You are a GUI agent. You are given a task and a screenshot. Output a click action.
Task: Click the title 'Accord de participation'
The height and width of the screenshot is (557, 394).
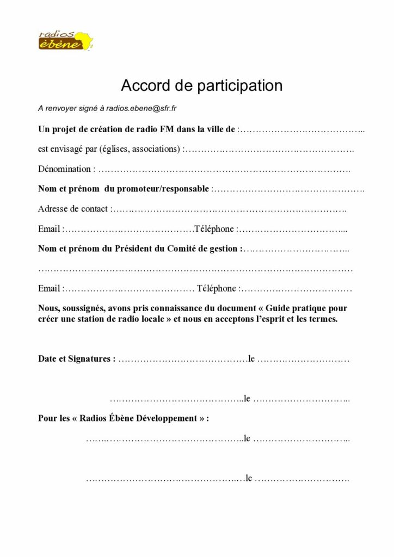coord(201,86)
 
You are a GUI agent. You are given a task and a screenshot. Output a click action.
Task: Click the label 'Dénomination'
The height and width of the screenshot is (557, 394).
coord(65,169)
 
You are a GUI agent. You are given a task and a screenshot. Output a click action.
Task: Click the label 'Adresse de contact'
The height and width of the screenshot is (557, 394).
coord(73,209)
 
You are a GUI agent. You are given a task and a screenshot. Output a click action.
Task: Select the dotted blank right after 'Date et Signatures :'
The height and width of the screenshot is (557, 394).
coord(183,360)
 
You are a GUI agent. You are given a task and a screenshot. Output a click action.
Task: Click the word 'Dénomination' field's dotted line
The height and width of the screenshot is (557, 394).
coord(224,170)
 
